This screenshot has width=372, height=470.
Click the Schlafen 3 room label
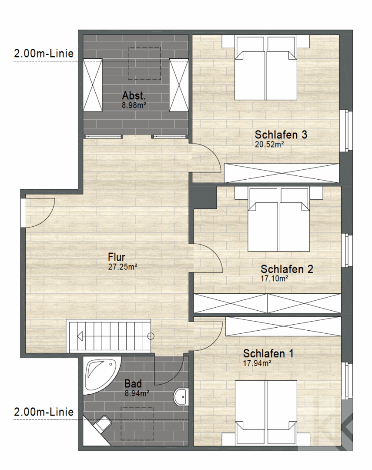(x=281, y=134)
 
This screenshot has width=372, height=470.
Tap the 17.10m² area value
(x=275, y=278)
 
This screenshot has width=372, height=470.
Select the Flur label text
(x=116, y=258)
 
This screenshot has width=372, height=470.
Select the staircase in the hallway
(x=109, y=336)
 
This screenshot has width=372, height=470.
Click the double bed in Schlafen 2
(x=278, y=220)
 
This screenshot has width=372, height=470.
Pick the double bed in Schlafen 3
(x=266, y=68)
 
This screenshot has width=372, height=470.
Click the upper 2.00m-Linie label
(x=44, y=54)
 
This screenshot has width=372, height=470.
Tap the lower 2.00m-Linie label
(x=44, y=412)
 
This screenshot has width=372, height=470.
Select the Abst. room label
(x=134, y=96)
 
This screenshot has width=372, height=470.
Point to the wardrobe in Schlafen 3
(x=282, y=173)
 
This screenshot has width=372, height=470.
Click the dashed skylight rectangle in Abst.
(x=144, y=63)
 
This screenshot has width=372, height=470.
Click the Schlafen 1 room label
(x=268, y=353)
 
